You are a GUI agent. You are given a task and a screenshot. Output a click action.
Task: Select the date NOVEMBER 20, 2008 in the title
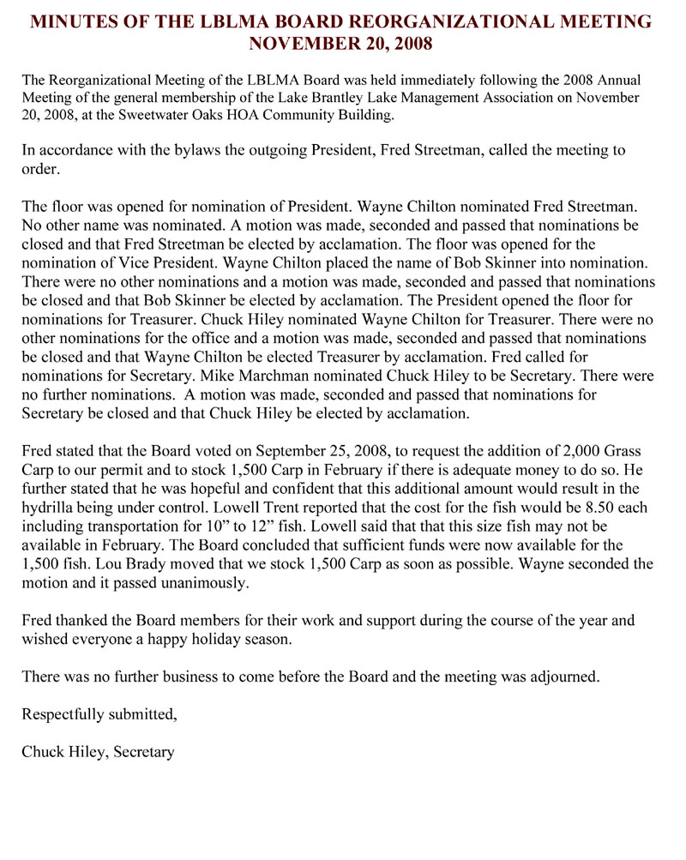tap(340, 41)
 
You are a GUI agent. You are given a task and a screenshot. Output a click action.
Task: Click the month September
tap(298, 451)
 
